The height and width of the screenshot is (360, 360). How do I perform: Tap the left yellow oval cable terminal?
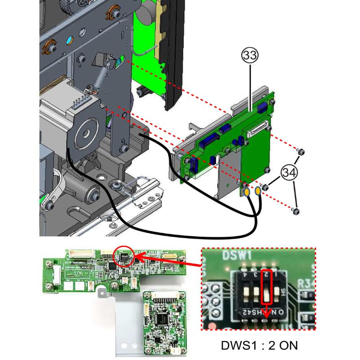(247, 193)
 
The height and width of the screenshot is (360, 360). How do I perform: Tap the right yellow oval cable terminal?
(257, 192)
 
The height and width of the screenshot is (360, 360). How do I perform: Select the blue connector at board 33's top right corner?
(261, 108)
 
